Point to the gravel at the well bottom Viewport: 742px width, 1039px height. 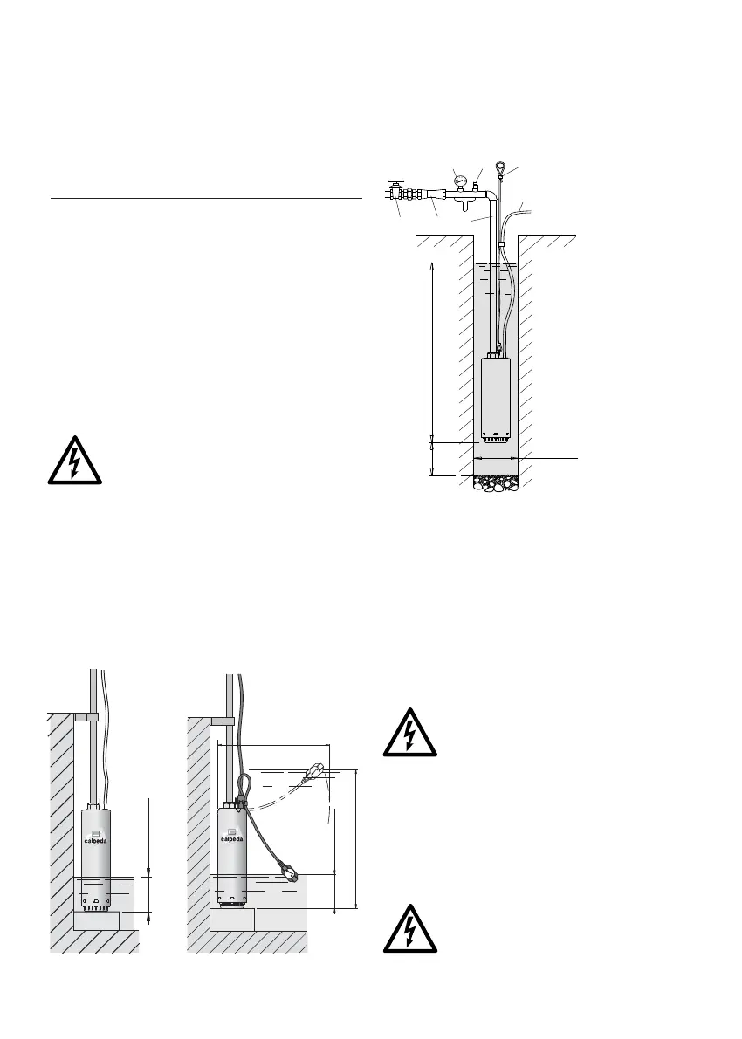(496, 483)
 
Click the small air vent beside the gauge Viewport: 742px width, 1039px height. (476, 185)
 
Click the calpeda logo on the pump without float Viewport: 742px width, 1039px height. (97, 830)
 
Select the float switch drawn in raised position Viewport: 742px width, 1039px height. (315, 772)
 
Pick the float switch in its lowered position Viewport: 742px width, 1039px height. (292, 871)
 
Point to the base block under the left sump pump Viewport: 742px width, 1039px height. (96, 920)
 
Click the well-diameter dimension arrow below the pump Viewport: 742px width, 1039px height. (496, 457)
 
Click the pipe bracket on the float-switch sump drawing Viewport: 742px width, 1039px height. (223, 721)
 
